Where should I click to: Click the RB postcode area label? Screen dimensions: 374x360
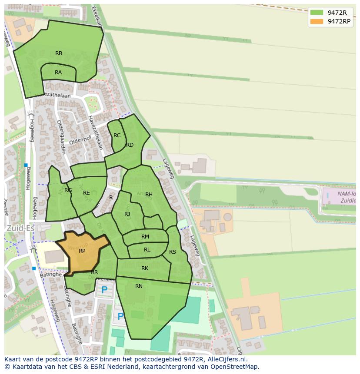point(59,53)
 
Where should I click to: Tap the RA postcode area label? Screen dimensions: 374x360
point(58,73)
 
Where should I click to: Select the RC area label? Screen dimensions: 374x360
point(117,136)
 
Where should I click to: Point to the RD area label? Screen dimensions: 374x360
point(130,145)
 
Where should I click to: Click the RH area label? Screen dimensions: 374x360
point(149,195)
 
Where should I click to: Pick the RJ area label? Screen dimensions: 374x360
point(127,214)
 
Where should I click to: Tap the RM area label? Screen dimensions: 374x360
point(145,237)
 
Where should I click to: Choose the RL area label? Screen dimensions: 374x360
point(147,250)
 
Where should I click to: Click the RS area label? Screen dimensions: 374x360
point(173,252)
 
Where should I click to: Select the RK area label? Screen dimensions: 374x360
point(145,268)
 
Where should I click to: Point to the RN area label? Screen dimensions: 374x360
point(139,286)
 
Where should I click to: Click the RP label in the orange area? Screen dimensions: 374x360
point(82,251)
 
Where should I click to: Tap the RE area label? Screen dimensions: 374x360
point(86,193)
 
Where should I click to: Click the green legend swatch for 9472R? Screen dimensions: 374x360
point(317,13)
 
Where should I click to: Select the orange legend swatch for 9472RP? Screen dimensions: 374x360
point(317,21)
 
